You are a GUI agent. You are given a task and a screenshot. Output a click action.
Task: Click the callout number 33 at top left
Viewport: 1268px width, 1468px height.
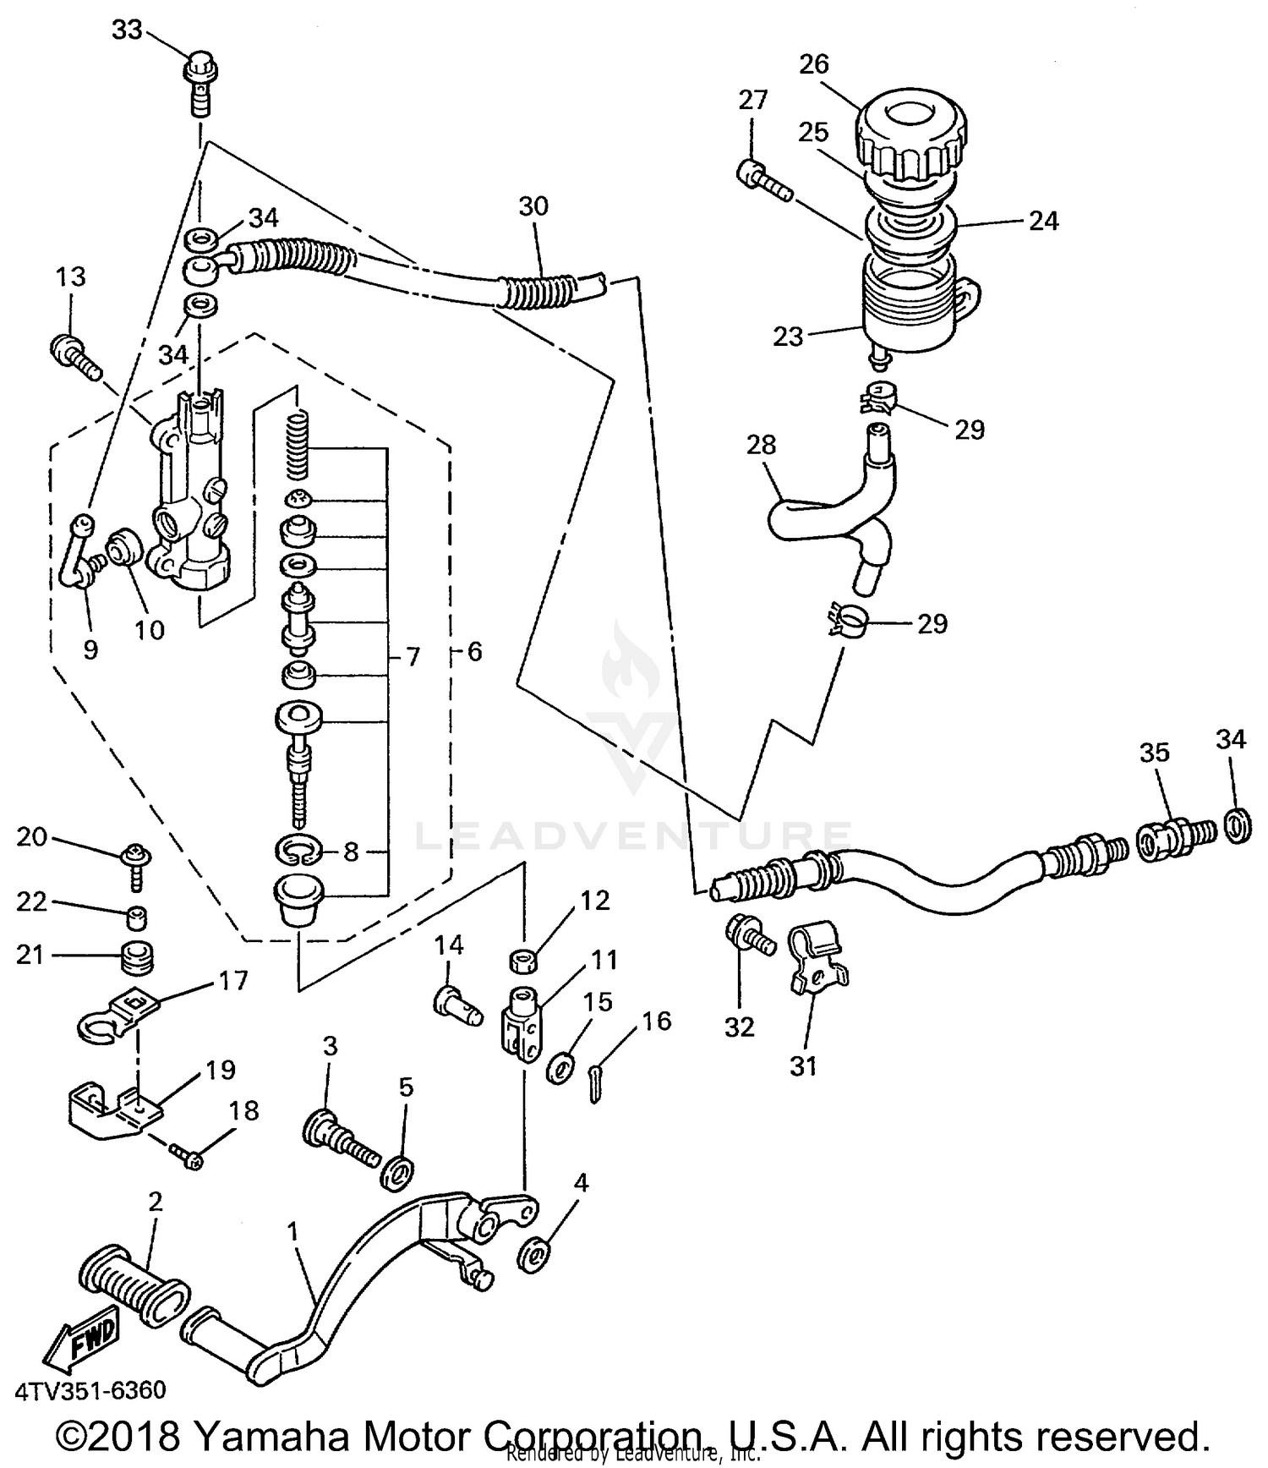pos(127,30)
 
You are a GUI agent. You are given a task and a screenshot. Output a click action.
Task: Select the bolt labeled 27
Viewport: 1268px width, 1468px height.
pos(765,179)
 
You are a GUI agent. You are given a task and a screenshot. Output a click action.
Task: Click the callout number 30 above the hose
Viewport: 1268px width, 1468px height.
pos(533,205)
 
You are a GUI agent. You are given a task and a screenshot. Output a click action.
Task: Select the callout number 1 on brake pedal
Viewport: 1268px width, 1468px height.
pos(292,1232)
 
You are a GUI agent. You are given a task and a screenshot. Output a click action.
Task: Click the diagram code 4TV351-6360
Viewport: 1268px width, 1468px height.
pos(90,1390)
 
